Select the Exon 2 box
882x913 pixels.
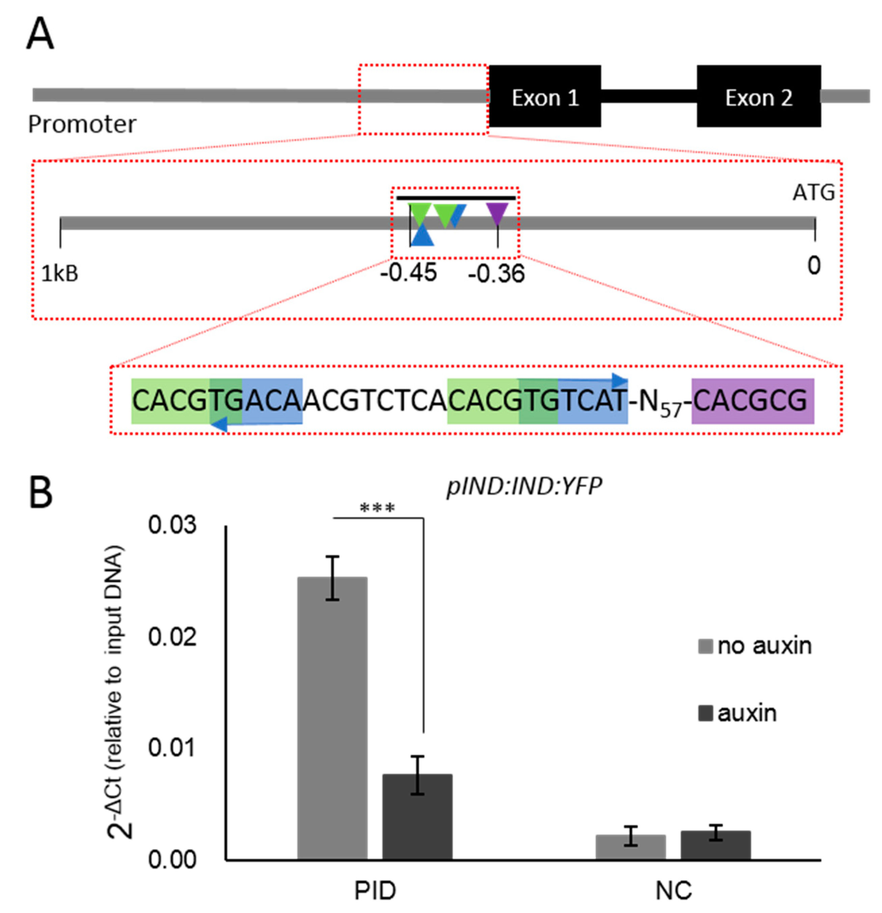pos(758,97)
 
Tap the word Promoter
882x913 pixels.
pos(82,124)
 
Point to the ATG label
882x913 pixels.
pos(813,192)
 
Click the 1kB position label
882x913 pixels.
pos(60,273)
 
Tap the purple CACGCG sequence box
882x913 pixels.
pos(752,401)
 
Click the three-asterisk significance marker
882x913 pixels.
pos(377,508)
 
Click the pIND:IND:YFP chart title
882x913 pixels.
pos(524,486)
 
